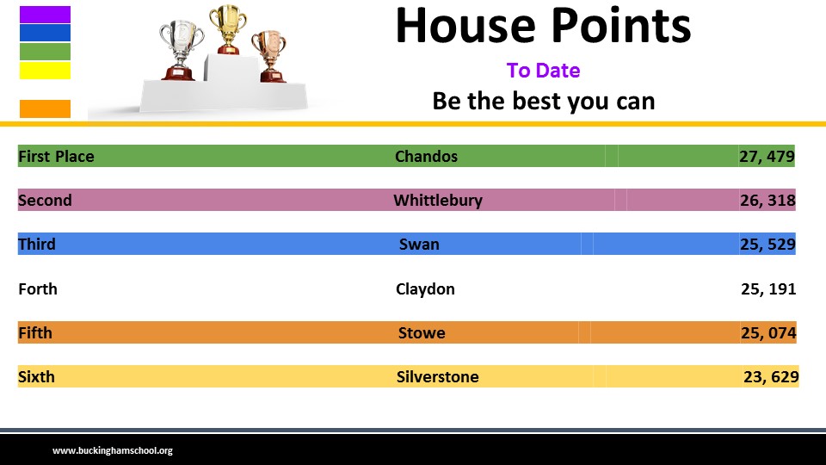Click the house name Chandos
tap(426, 156)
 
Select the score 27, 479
tap(767, 156)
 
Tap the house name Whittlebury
tap(438, 201)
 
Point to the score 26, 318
tap(767, 201)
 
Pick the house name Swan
tap(419, 244)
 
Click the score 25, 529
tap(767, 244)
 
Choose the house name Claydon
tap(425, 289)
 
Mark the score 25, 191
tap(768, 289)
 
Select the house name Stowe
tap(422, 332)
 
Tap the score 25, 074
tap(768, 332)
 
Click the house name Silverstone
tap(437, 376)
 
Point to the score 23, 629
tap(771, 376)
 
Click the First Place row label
tap(56, 156)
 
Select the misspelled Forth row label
tap(37, 289)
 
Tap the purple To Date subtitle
tap(543, 70)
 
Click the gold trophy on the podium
tap(227, 29)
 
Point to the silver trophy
tap(182, 50)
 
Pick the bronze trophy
tap(269, 56)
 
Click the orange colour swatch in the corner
tap(45, 108)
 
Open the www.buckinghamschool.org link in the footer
tap(112, 450)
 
